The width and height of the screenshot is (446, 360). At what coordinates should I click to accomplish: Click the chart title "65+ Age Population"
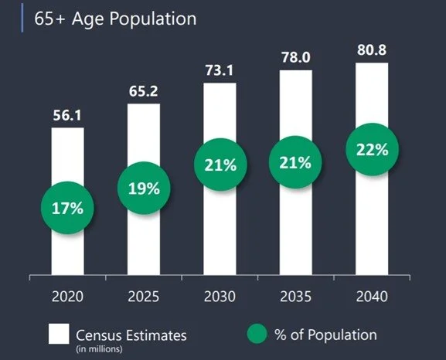115,19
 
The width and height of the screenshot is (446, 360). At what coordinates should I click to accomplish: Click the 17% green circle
67,208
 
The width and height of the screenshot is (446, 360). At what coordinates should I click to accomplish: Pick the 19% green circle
144,188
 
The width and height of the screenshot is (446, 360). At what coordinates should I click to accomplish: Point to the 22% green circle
372,150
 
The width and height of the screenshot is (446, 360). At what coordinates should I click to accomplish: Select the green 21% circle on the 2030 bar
220,165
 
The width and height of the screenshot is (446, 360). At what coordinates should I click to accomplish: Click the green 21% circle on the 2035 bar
295,163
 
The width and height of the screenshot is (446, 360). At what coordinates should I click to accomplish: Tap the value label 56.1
67,115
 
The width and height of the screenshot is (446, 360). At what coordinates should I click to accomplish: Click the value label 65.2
143,91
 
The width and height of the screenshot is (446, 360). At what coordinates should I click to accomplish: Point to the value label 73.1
220,70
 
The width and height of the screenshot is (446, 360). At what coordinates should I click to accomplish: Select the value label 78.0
296,57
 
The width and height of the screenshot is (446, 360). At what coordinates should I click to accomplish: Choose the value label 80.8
372,49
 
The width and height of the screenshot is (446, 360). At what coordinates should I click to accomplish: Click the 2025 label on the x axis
144,297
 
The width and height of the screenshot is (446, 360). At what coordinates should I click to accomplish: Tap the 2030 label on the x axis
220,297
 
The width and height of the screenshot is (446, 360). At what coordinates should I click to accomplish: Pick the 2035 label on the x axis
296,297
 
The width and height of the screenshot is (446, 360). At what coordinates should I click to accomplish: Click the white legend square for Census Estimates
59,334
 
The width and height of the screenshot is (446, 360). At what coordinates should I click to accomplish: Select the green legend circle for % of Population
257,334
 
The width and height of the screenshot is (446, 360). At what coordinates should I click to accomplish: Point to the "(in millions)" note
99,349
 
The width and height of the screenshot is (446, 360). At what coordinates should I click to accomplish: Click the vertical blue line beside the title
22,18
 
